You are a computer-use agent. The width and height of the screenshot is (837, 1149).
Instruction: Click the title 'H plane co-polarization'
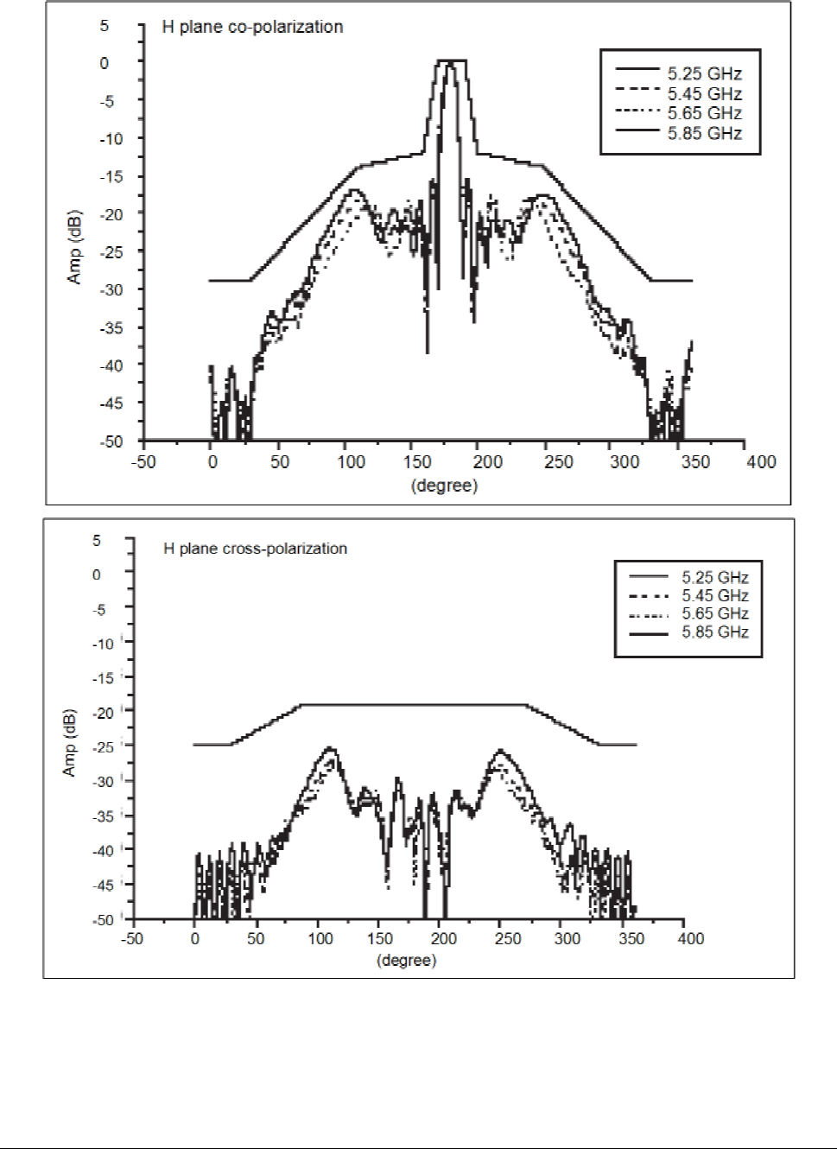(252, 27)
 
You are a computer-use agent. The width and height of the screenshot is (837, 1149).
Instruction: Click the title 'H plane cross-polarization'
(255, 549)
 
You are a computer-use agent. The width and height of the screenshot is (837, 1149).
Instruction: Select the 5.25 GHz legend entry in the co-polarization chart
(679, 73)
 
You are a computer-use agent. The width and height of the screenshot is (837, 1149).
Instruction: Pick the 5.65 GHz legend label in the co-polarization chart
(705, 113)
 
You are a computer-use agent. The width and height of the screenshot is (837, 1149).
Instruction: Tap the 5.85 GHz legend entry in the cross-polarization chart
(688, 632)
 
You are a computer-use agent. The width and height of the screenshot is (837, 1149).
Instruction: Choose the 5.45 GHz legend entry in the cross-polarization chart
(688, 595)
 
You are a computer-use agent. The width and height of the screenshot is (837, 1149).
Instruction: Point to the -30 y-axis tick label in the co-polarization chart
(111, 289)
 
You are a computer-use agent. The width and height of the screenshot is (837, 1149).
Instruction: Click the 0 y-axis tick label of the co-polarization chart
(105, 63)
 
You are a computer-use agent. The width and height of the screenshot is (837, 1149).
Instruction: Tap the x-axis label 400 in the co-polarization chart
(761, 462)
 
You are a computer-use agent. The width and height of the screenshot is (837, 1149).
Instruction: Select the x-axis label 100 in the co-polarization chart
(351, 462)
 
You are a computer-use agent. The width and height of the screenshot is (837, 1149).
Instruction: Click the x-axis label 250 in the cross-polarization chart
(508, 939)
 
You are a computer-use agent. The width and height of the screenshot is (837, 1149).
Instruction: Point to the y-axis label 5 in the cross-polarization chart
(97, 540)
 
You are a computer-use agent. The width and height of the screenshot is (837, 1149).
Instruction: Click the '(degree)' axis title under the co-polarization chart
(444, 486)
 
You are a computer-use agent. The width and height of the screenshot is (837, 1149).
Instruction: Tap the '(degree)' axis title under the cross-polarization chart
(406, 961)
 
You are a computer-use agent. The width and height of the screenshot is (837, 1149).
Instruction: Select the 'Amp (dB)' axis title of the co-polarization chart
(74, 246)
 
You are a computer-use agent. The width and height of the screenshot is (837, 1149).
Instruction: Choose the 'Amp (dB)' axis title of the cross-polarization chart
(69, 743)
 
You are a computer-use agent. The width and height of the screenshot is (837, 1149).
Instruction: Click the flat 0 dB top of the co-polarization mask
(451, 60)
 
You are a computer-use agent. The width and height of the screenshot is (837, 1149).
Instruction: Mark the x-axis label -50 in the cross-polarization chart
(131, 939)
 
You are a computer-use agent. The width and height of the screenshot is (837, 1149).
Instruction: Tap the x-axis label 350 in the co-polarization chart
(695, 462)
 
